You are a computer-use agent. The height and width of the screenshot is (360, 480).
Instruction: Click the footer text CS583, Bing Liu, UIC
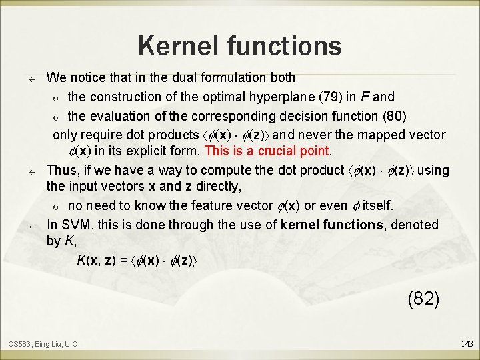point(43,343)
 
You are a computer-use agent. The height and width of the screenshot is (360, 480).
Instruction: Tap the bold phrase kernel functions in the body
point(332,225)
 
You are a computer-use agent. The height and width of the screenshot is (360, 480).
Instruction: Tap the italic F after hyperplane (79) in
point(371,97)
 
